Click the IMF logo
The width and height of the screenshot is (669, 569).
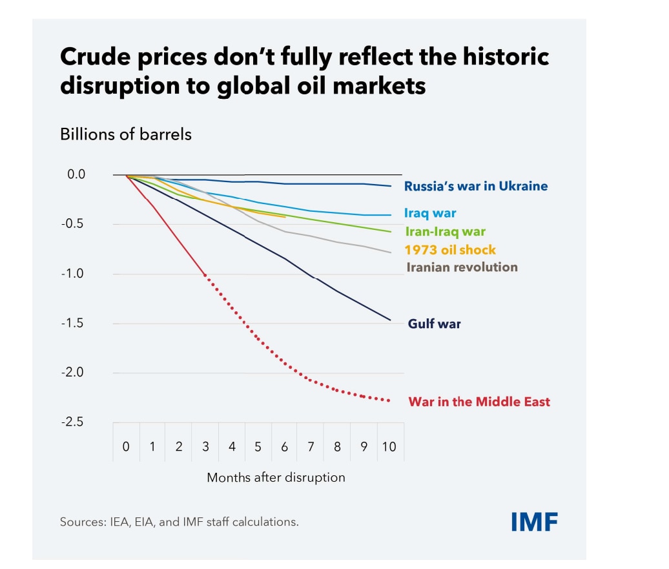[x=534, y=522]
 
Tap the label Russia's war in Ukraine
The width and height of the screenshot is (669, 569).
[x=476, y=186]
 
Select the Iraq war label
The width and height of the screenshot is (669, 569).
[x=430, y=213]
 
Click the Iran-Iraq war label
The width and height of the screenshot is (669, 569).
[x=445, y=231]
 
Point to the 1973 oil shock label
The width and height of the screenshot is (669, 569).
[x=450, y=250]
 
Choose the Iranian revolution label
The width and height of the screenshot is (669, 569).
[x=462, y=267]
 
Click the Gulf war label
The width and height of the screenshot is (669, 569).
[x=435, y=324]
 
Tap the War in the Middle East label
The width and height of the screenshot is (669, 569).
[x=479, y=402]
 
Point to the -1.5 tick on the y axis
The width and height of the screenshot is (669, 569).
[x=72, y=323]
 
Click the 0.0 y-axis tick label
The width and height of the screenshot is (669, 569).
[x=76, y=174]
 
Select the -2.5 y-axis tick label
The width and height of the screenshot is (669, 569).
[x=72, y=422]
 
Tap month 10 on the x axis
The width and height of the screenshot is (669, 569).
[x=389, y=446]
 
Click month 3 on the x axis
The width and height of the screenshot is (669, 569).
[x=205, y=446]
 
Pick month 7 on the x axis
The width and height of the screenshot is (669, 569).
[x=311, y=446]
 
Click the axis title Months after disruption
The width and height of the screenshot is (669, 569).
[x=276, y=477]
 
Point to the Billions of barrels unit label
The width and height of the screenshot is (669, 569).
[x=126, y=134]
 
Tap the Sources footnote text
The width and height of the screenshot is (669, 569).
[x=180, y=522]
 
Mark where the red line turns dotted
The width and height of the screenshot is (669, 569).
[x=205, y=275]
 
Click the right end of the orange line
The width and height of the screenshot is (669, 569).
[x=285, y=217]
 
